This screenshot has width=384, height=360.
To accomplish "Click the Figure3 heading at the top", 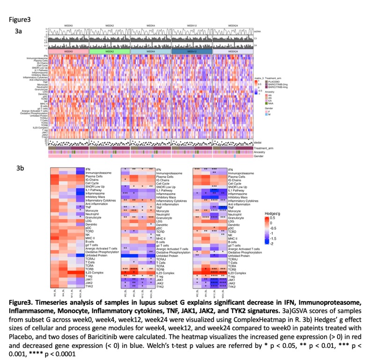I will tap(20, 20).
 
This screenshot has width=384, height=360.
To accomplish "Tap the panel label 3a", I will tap(20, 31).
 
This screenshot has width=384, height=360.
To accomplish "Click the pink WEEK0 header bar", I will tap(68, 51).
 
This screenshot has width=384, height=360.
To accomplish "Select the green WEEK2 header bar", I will tap(109, 51).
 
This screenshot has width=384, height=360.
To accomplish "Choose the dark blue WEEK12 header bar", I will tap(192, 51).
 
